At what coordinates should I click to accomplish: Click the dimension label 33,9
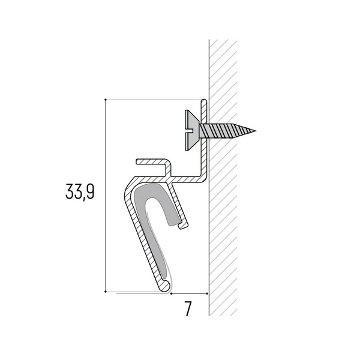click(x=80, y=192)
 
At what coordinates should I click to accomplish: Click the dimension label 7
click(x=188, y=309)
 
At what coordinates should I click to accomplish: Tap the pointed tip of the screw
click(x=256, y=131)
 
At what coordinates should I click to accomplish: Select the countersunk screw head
click(x=192, y=130)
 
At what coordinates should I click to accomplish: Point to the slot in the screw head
click(x=190, y=131)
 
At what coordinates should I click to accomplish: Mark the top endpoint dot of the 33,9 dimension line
click(x=106, y=100)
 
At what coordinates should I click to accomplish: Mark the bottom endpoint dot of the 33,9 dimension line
click(x=106, y=292)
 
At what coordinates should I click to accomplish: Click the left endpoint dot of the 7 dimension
click(x=171, y=293)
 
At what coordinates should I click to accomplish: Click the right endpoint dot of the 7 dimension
click(x=208, y=293)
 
